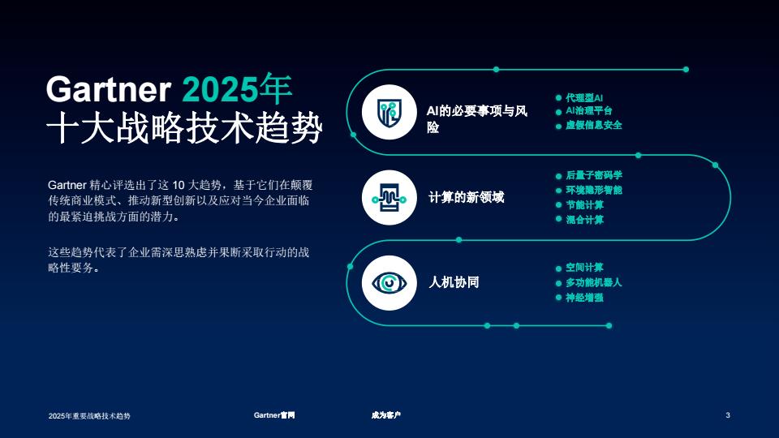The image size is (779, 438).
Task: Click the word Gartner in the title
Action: coord(108,89)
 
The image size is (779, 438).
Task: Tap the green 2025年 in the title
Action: coord(237,88)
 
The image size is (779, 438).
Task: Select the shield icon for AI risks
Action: coord(389,112)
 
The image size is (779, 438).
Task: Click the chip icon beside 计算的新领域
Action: coord(389,198)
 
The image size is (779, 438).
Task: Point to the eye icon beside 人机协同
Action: coord(389,283)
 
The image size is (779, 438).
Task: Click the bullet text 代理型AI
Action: coord(584,98)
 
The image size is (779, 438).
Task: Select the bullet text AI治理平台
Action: coord(589,111)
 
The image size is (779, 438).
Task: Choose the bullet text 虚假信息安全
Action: coord(594,125)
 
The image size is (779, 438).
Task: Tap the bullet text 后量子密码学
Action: coord(594,175)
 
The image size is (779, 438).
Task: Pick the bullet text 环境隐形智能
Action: coord(594,190)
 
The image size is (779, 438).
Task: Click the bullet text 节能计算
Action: coord(585,204)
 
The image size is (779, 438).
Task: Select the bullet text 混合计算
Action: coord(585,220)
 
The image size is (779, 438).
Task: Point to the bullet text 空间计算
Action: coord(585,268)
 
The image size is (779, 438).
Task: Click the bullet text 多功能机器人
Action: coord(594,282)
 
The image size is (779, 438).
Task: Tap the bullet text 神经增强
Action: coord(585,298)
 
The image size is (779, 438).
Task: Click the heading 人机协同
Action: coord(454,282)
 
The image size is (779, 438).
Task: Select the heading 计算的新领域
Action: coord(467,198)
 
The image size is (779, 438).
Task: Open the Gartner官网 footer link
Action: coord(274,415)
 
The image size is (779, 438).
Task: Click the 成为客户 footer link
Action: coord(386,415)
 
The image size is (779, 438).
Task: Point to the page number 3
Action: coord(728,415)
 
